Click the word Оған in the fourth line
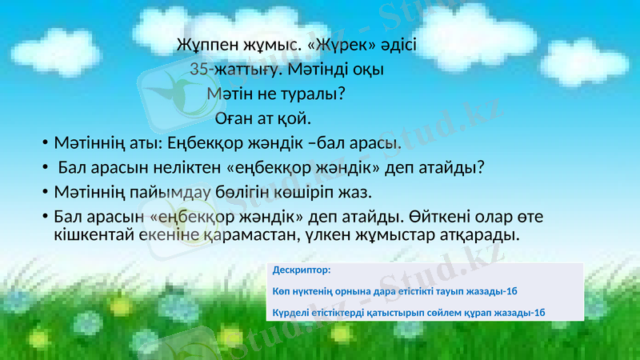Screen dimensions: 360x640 pos(234,119)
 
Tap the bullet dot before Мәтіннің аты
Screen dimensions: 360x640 pos(46,146)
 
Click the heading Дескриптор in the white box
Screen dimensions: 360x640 pos(302,270)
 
